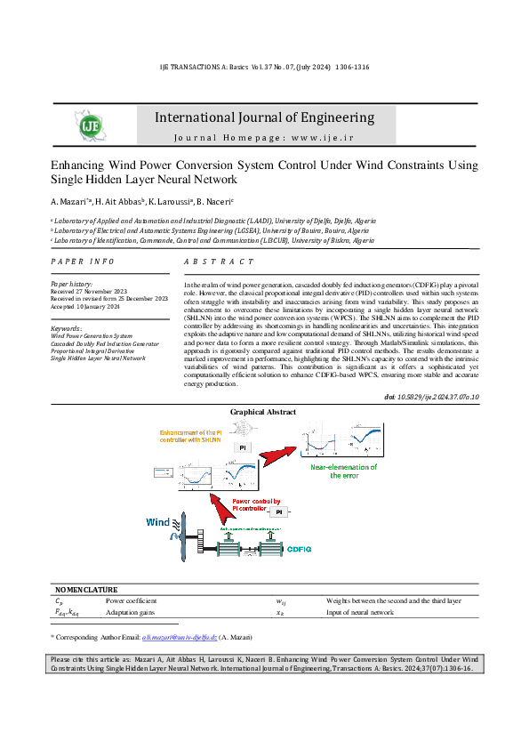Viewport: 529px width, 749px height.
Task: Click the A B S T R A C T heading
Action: (218, 262)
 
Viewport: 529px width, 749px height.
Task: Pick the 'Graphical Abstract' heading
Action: (263, 412)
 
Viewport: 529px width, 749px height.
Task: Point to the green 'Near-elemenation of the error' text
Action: (343, 471)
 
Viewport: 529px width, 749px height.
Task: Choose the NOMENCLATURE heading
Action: (86, 589)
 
